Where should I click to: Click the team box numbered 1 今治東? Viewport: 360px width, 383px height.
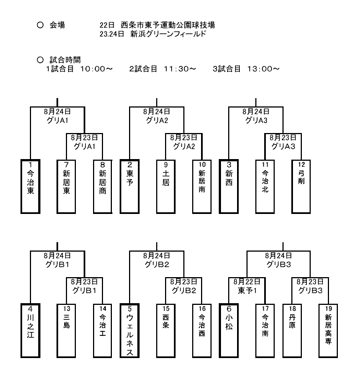pos(30,187)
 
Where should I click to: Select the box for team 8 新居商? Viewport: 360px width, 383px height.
pos(103,187)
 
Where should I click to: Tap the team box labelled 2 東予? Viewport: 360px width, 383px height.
pos(130,187)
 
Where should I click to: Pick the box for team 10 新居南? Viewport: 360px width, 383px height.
pos(202,187)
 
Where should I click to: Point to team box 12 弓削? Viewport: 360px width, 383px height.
pos(301,187)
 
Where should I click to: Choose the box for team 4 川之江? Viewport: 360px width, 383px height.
pos(30,331)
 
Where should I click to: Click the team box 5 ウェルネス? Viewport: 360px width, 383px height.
pos(130,331)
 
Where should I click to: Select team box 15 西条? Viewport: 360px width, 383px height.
pos(166,331)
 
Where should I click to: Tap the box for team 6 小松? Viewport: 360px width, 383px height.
pos(229,331)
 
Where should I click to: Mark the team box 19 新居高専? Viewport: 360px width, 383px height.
pos(328,331)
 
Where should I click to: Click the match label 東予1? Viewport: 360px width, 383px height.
pos(247,290)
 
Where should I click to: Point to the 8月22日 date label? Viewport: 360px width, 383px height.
pos(247,282)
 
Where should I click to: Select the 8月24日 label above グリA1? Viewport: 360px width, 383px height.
pos(58,111)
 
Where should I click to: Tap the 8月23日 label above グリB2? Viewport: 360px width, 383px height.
pos(183,282)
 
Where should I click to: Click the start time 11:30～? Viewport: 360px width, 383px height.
pos(180,69)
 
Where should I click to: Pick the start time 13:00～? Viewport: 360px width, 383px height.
pos(263,69)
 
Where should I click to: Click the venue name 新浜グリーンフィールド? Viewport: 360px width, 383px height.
pos(168,34)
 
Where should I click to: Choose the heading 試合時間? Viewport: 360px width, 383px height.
pos(65,60)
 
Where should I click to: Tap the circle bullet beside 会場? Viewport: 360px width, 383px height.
pos(40,25)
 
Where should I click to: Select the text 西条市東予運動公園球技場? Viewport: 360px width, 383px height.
pos(168,25)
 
